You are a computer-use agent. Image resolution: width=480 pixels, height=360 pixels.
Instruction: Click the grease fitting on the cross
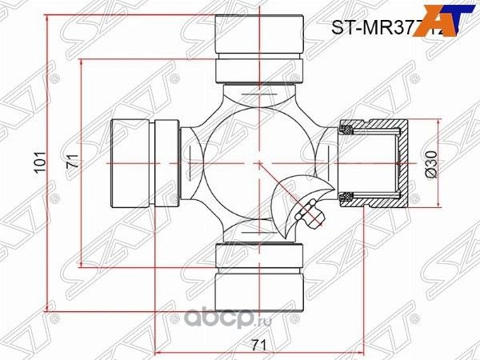[x=309, y=213]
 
